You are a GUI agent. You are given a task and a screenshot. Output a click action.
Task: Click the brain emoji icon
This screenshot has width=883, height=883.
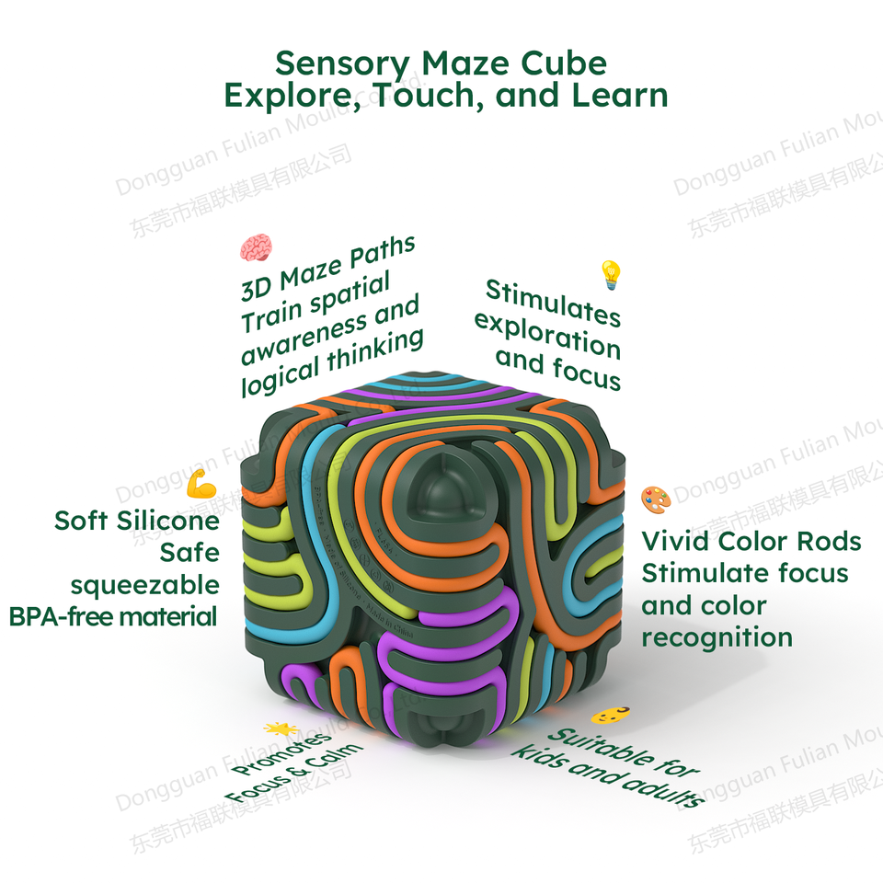tap(256, 247)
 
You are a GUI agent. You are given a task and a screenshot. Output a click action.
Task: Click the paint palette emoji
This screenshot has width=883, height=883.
tap(656, 499)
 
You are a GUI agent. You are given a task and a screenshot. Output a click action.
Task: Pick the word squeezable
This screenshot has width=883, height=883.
tap(144, 584)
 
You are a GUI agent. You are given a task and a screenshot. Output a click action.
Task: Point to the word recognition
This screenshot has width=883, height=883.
tap(717, 636)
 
